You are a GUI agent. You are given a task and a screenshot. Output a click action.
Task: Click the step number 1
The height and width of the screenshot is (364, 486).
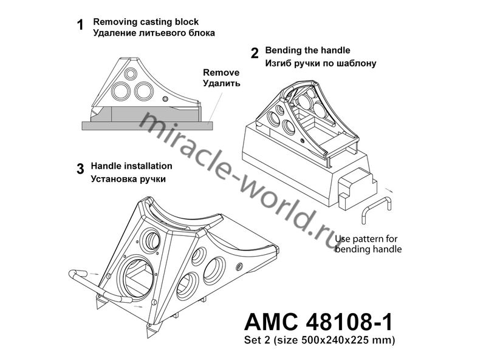[x=80, y=25]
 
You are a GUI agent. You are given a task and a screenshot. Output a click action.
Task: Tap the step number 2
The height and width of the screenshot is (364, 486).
[x=255, y=53]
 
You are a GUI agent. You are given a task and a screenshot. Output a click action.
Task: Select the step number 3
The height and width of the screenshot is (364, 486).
[x=80, y=169]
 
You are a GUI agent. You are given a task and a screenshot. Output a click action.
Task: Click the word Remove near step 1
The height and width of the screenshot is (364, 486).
[x=221, y=72]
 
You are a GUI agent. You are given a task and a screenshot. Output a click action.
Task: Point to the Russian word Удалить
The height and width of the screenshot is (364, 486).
[x=221, y=83]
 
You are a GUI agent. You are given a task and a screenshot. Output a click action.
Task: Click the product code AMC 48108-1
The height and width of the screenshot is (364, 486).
[x=318, y=322]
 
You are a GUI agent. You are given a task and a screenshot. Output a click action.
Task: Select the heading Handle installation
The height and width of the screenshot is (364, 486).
[x=131, y=166]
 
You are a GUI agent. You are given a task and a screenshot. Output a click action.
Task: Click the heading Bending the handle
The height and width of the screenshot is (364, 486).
[x=307, y=50]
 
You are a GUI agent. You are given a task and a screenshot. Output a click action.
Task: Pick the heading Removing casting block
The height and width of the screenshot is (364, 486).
[x=146, y=22]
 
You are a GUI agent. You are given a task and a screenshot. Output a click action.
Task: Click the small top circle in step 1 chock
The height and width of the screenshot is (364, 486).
[x=131, y=73]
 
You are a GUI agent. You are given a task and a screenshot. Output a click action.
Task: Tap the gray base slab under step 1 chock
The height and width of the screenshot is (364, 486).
[x=147, y=126]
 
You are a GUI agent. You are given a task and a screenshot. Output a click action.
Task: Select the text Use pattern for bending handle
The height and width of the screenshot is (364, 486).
[x=368, y=244]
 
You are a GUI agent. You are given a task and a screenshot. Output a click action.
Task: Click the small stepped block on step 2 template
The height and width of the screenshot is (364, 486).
[x=357, y=188]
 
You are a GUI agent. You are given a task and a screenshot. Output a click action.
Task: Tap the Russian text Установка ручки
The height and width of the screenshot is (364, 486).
[x=128, y=179]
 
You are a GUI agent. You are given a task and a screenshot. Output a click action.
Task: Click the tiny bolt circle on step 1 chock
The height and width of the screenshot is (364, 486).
[x=165, y=99]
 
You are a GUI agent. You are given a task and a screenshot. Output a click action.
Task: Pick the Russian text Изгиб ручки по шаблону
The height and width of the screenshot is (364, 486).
[x=321, y=64]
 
